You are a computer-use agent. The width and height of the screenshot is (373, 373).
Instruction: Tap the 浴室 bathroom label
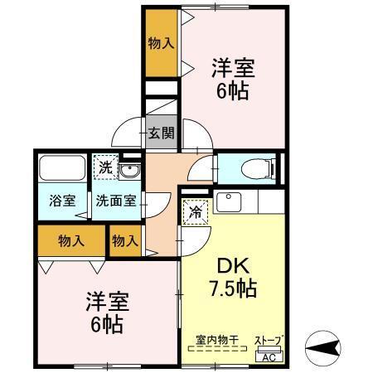point(63,201)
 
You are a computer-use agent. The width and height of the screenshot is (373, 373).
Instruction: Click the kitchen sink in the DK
point(227,201)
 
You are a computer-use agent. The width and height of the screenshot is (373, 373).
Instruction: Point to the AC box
point(268,357)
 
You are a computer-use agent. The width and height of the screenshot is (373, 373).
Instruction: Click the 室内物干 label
point(216,340)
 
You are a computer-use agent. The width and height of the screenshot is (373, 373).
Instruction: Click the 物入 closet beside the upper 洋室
point(160,44)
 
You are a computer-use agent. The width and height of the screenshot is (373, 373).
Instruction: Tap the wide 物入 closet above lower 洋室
point(71,241)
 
